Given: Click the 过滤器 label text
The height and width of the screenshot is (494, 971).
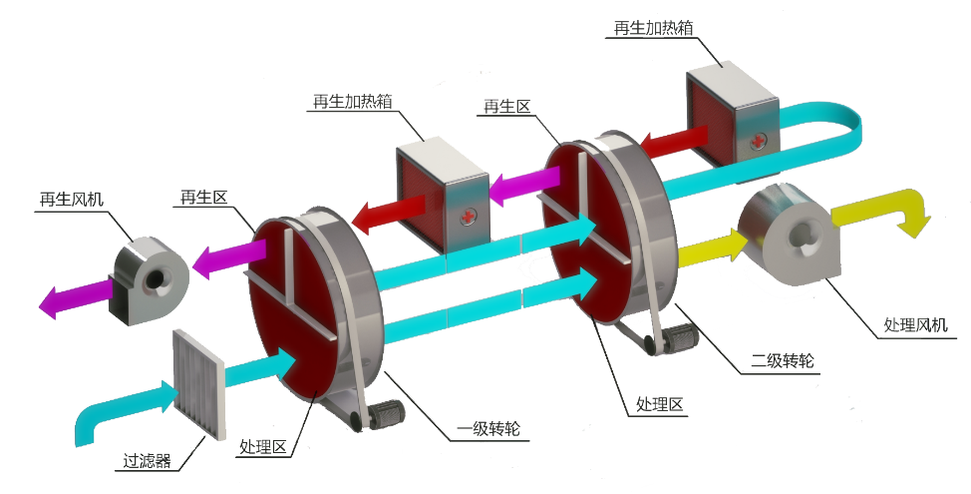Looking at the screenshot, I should [147, 461].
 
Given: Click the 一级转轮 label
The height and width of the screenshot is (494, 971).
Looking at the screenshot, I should [488, 431].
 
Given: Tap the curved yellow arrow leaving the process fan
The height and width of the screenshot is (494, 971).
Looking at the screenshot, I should [882, 210].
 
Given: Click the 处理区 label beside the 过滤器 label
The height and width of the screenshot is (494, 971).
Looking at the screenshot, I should [263, 447].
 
